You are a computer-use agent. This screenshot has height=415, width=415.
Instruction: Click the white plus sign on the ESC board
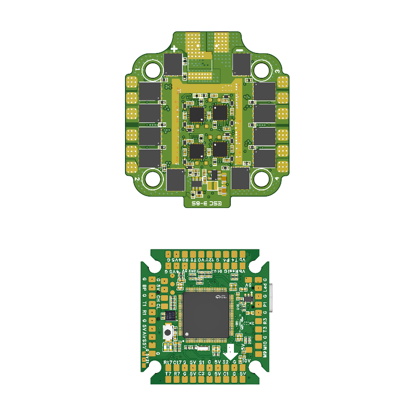(x=174, y=49)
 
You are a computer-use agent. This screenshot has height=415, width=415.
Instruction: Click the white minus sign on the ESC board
(x=240, y=49)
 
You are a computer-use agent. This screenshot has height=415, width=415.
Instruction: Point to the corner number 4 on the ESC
(x=277, y=179)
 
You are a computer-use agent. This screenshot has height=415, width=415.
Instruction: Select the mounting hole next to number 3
(x=261, y=70)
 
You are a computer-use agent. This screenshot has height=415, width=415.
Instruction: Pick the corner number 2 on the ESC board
(x=137, y=179)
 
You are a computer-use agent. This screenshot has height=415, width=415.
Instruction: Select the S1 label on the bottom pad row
(x=201, y=362)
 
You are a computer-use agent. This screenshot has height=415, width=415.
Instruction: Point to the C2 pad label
(x=201, y=373)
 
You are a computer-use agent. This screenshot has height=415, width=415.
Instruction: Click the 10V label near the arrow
(x=247, y=361)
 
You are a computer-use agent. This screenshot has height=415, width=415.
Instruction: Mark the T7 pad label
(x=168, y=373)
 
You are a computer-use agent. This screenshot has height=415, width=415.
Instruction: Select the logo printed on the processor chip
(x=222, y=297)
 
